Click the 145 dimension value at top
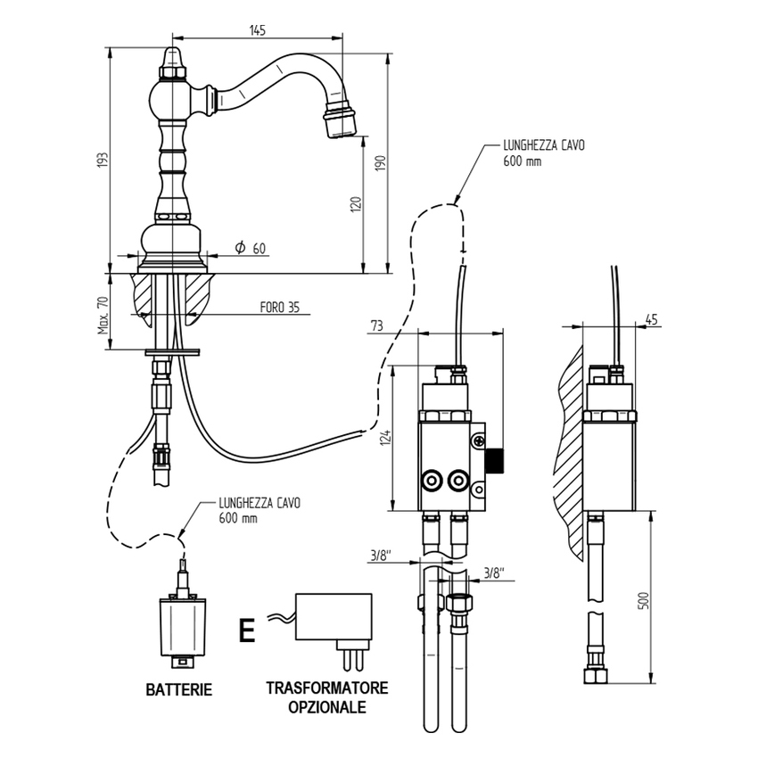pos(257,29)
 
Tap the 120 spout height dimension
pos(355,203)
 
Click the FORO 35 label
pos(279,308)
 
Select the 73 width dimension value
pos(378,326)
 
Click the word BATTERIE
pos(179,689)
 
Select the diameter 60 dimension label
pos(251,249)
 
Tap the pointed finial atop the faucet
pos(172,57)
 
